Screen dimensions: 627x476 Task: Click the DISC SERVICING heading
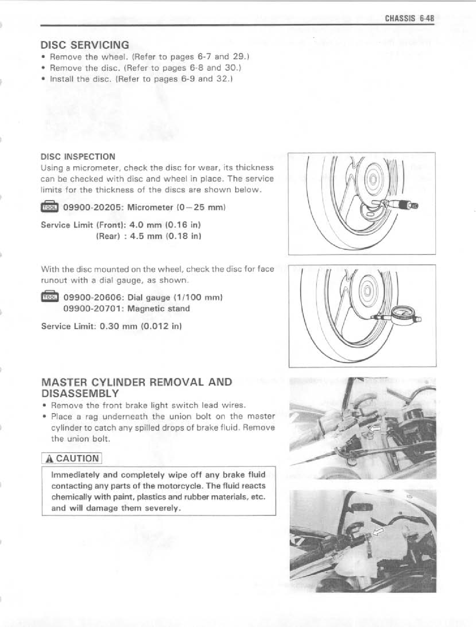85,45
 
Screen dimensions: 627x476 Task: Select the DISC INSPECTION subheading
78,156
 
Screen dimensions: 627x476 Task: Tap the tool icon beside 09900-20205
49,207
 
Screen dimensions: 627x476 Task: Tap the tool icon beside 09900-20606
49,296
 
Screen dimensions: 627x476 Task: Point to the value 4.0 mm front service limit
144,225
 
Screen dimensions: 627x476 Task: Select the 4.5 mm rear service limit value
144,236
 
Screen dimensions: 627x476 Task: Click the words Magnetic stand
164,308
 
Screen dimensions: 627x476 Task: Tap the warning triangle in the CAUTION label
50,459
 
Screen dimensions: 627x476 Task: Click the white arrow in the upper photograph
375,429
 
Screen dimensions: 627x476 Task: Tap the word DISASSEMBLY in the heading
80,393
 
